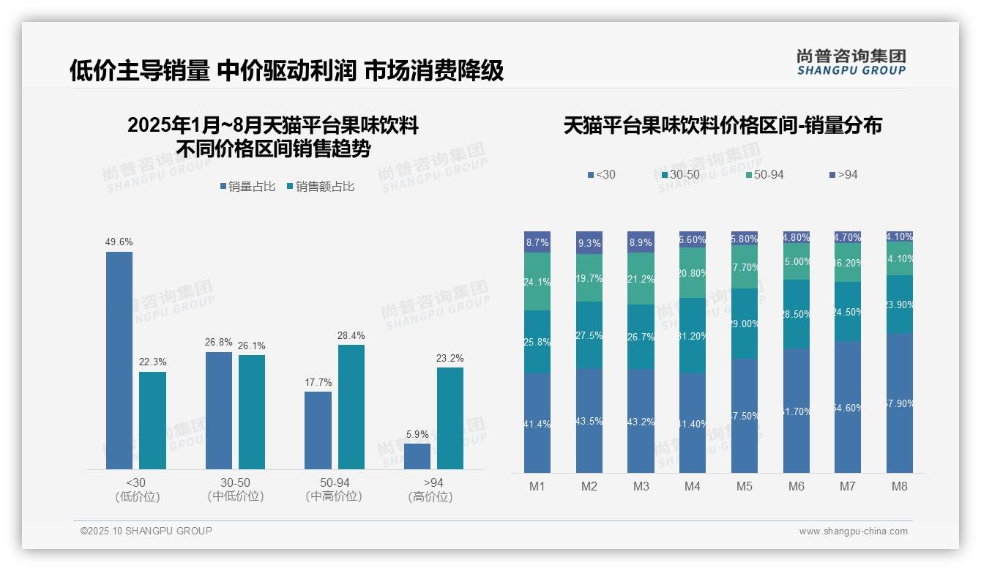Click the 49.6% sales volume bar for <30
point(119,360)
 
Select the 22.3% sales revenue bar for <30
point(152,420)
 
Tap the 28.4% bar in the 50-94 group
point(351,407)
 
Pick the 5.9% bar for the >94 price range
point(417,456)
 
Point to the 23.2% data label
point(450,359)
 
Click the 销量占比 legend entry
point(247,187)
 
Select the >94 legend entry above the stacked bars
point(843,174)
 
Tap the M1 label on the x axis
point(537,486)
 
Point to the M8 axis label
point(900,486)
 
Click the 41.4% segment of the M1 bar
point(537,423)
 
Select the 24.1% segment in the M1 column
point(537,282)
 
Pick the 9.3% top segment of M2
point(589,243)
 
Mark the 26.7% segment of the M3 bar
point(641,337)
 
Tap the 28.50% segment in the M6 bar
point(797,314)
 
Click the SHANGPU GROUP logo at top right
point(851,62)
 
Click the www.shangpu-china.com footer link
point(853,531)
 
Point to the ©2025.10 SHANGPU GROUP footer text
point(146,531)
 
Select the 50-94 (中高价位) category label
point(334,489)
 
